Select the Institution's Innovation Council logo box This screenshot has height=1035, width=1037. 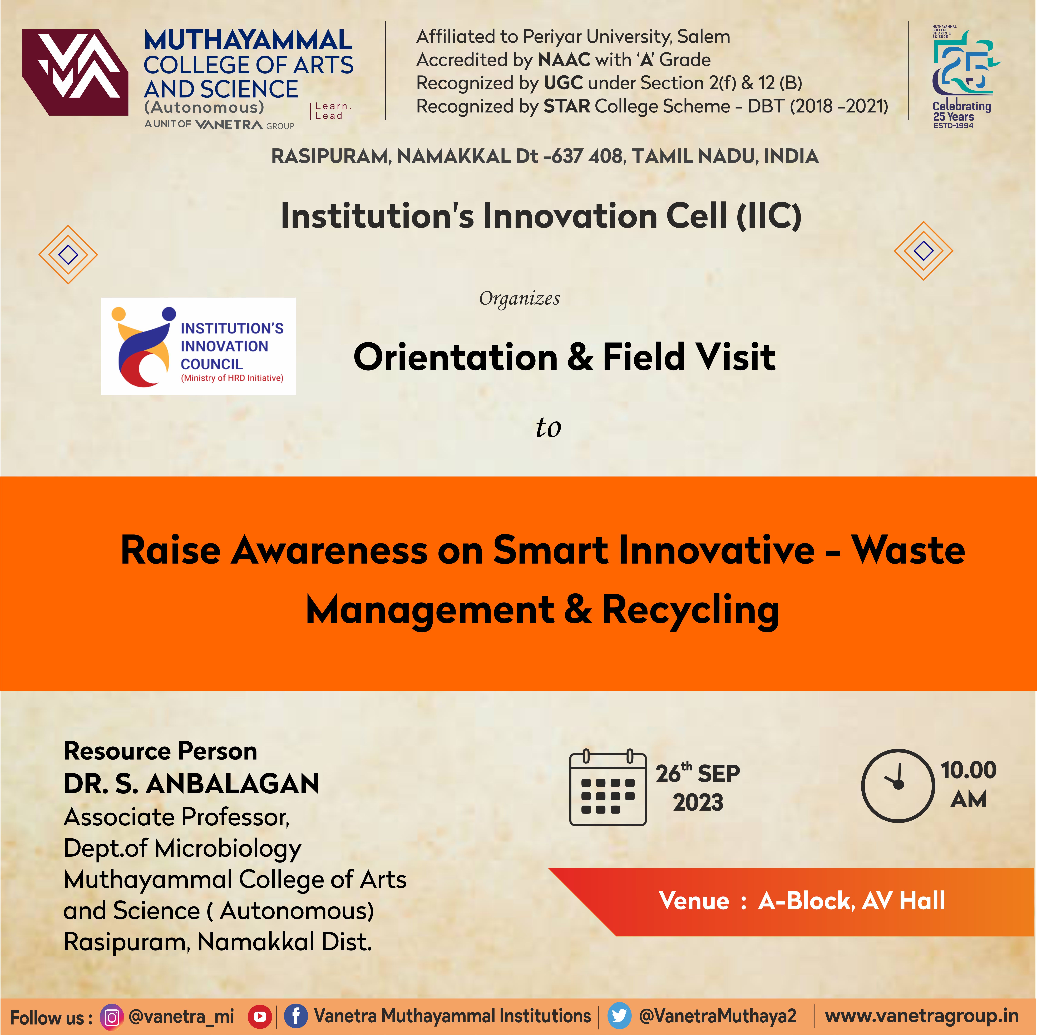[199, 346]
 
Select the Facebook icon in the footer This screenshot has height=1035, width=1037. [296, 1016]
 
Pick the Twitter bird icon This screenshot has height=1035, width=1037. [619, 1016]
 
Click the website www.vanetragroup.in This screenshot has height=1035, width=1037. [922, 1016]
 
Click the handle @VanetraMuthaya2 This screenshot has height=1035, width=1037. [718, 1016]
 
